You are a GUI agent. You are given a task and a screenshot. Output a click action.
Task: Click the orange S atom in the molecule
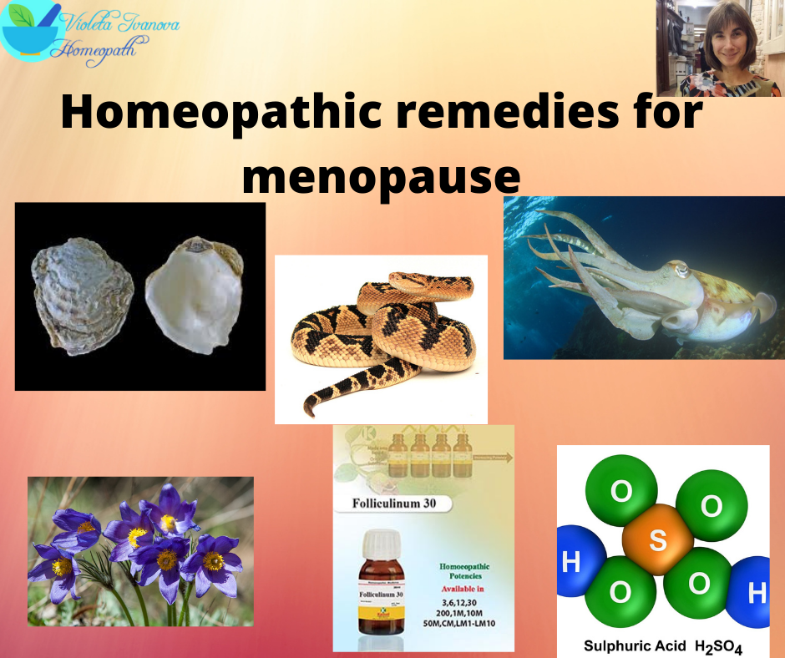(658, 540)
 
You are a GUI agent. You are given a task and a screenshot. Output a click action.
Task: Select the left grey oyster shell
(82, 293)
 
